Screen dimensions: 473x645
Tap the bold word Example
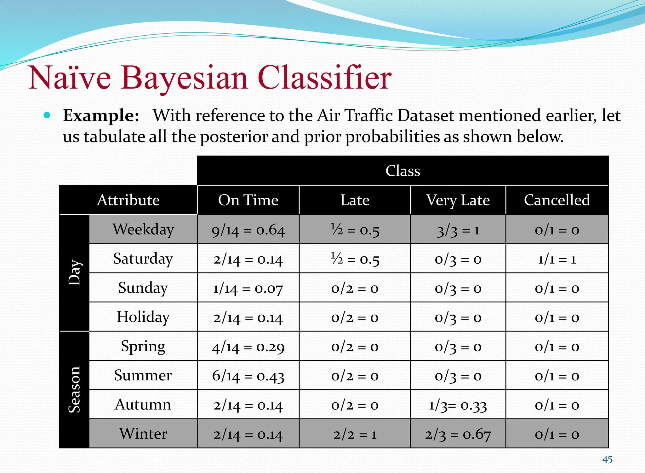pyautogui.click(x=101, y=115)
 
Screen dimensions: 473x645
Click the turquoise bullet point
pyautogui.click(x=47, y=115)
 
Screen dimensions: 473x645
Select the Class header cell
pyautogui.click(x=402, y=171)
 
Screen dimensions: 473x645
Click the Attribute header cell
pyautogui.click(x=128, y=200)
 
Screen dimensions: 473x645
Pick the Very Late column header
pyautogui.click(x=458, y=200)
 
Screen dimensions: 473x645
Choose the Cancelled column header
pyautogui.click(x=557, y=200)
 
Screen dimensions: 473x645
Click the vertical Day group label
pyautogui.click(x=74, y=273)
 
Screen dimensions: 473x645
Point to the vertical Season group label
pyautogui.click(x=74, y=389)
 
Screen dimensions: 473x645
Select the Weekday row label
pyautogui.click(x=143, y=229)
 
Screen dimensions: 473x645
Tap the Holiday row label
pyautogui.click(x=143, y=317)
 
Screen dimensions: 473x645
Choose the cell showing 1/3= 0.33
pyautogui.click(x=458, y=405)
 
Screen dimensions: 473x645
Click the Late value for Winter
pyautogui.click(x=355, y=434)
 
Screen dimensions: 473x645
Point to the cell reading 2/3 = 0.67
pyautogui.click(x=458, y=434)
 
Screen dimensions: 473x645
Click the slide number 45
pyautogui.click(x=607, y=460)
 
